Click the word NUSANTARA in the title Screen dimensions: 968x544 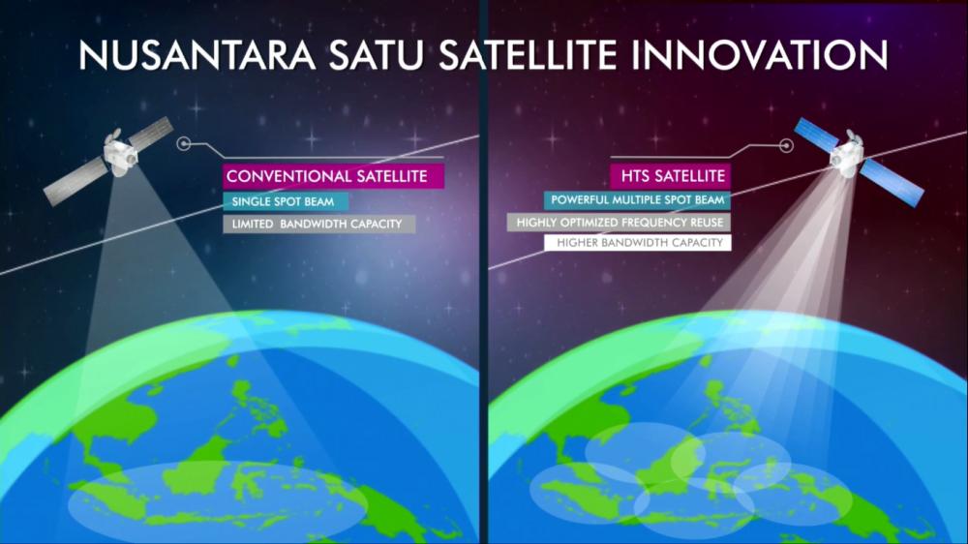pos(197,54)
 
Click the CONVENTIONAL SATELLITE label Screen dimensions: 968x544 pos(333,176)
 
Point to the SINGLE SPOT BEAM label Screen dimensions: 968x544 pos(286,201)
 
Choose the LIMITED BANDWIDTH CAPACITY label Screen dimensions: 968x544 pos(318,224)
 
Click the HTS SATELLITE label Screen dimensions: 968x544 pos(671,176)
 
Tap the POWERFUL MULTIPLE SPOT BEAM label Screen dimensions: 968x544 pos(637,200)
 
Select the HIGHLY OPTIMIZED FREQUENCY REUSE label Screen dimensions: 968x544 pos(619,223)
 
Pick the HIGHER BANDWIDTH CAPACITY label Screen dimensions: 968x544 pos(638,243)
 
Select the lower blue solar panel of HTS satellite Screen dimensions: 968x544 pos(892,183)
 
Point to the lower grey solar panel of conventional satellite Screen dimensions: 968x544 pos(76,182)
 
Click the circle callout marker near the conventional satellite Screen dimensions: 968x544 pos(183,144)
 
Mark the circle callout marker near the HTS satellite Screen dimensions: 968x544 pos(786,146)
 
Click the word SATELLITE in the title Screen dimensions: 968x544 pos(528,54)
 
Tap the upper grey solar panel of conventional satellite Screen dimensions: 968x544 pos(151,132)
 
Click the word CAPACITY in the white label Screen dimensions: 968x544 pos(699,243)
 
